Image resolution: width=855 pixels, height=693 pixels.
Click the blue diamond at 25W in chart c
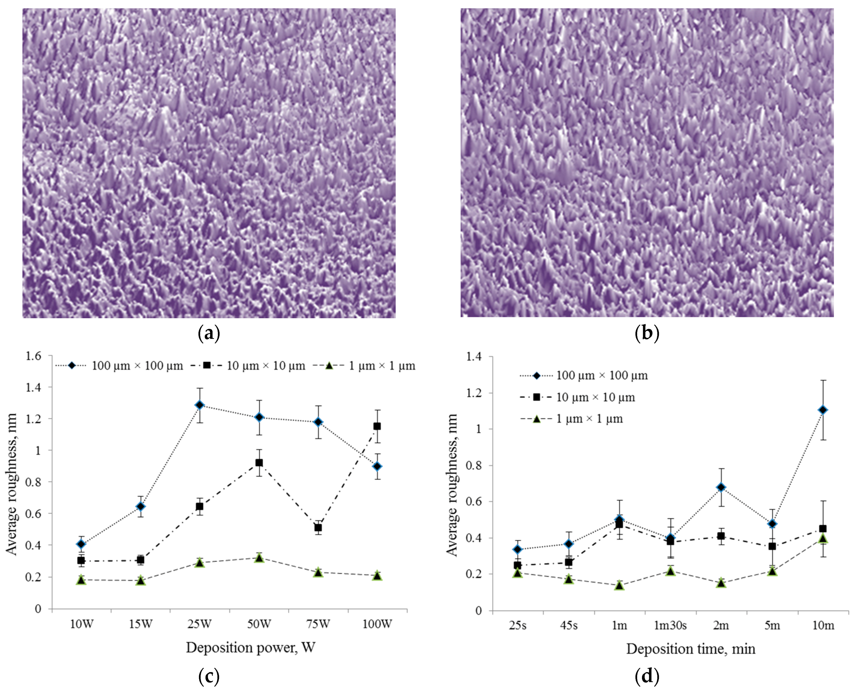(200, 405)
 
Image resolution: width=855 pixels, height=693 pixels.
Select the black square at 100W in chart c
(377, 426)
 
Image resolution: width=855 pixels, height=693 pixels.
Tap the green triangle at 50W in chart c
(259, 558)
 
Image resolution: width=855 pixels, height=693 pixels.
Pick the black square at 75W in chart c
(318, 527)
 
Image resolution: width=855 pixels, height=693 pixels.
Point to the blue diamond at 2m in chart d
(721, 487)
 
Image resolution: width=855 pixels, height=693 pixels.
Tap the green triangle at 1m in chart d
(619, 586)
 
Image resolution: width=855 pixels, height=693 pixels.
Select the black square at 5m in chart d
(772, 546)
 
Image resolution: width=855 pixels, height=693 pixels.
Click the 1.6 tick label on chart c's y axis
(33, 356)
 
